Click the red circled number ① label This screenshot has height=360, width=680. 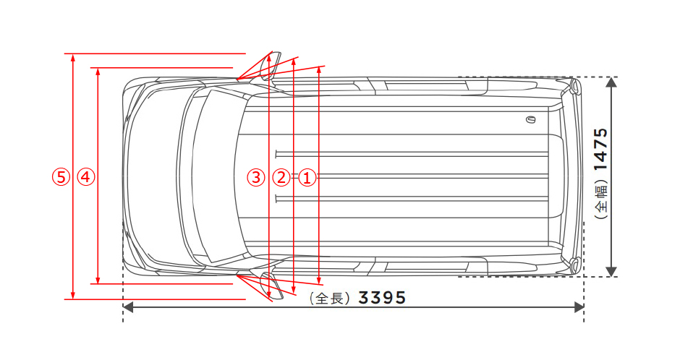(x=307, y=177)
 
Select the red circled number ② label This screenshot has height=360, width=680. (x=281, y=177)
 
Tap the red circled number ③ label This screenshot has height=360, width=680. (x=256, y=177)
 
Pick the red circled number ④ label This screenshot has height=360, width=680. (x=86, y=177)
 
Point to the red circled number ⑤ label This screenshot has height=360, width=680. (x=61, y=177)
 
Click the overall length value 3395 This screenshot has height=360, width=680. (x=382, y=298)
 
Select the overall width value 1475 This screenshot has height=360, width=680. (x=601, y=149)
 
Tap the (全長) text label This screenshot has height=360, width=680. (x=330, y=298)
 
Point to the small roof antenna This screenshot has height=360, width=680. (x=530, y=119)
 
